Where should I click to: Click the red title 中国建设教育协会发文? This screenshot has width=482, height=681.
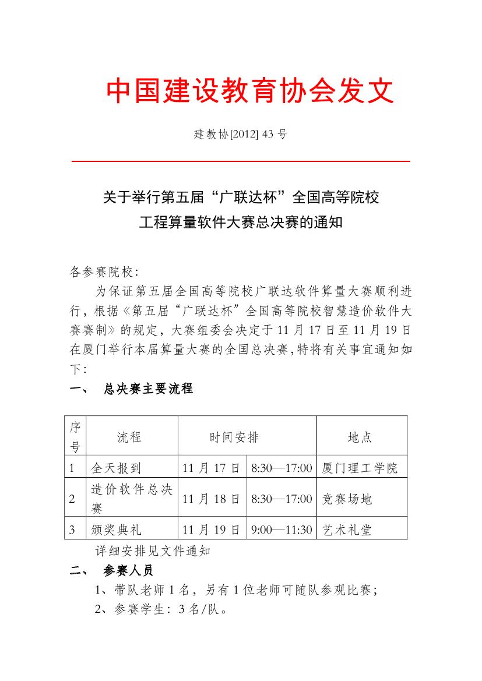pyautogui.click(x=251, y=91)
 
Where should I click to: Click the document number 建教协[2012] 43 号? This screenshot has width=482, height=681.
pyautogui.click(x=241, y=134)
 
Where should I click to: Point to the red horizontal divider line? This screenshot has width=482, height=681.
pyautogui.click(x=241, y=160)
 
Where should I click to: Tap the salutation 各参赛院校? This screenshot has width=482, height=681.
pyautogui.click(x=103, y=271)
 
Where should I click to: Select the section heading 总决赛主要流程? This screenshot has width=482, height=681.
pyautogui.click(x=147, y=389)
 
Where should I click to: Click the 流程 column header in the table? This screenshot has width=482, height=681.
pyautogui.click(x=129, y=437)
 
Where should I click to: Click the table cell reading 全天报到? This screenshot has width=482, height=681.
pyautogui.click(x=117, y=468)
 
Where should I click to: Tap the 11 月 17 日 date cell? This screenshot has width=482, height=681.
pyautogui.click(x=211, y=468)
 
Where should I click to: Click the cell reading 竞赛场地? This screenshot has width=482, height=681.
pyautogui.click(x=347, y=499)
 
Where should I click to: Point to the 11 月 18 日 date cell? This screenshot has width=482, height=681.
pyautogui.click(x=211, y=499)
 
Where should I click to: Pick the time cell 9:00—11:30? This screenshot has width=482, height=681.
pyautogui.click(x=282, y=530)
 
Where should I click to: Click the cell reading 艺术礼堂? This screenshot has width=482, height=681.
pyautogui.click(x=347, y=530)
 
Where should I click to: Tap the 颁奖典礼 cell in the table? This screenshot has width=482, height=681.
pyautogui.click(x=117, y=530)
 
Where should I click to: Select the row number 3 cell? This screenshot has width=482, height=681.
pyautogui.click(x=73, y=530)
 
